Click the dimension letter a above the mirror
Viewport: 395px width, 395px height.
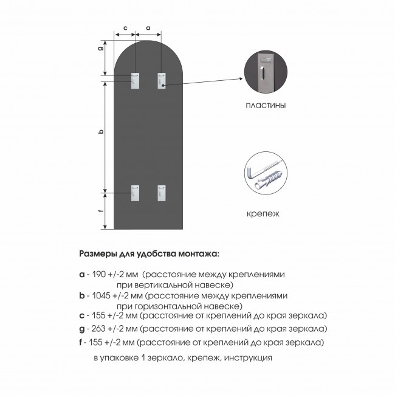pos(149,28)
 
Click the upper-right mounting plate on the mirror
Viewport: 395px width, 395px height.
pos(162,80)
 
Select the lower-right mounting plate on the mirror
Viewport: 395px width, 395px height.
pos(162,193)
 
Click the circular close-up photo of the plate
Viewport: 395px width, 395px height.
pos(266,73)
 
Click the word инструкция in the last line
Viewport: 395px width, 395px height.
pos(247,357)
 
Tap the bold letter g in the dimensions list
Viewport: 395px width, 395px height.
pos(82,329)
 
